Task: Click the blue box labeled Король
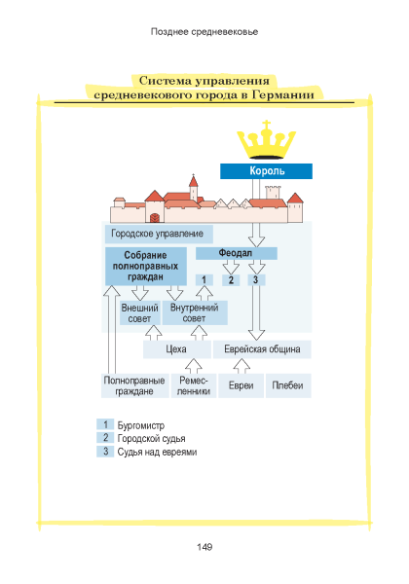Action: pyautogui.click(x=266, y=171)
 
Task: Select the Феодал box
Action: pyautogui.click(x=237, y=253)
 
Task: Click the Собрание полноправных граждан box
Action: pyautogui.click(x=146, y=266)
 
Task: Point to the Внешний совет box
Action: pyautogui.click(x=139, y=312)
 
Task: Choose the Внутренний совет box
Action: pyautogui.click(x=195, y=312)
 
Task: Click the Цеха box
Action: pyautogui.click(x=176, y=349)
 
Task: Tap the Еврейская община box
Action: pyautogui.click(x=262, y=349)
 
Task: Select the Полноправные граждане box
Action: pyautogui.click(x=134, y=385)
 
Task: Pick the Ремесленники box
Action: pyautogui.click(x=194, y=385)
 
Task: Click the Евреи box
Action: pyautogui.click(x=241, y=385)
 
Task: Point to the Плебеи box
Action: pyautogui.click(x=288, y=385)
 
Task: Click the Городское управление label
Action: pyautogui.click(x=157, y=234)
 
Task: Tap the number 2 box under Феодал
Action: pyautogui.click(x=231, y=279)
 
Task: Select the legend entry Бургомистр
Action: pyautogui.click(x=141, y=425)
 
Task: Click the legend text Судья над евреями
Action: pyautogui.click(x=157, y=452)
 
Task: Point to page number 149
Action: pyautogui.click(x=204, y=547)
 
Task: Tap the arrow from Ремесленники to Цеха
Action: pyautogui.click(x=194, y=366)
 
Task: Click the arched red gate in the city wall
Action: pyautogui.click(x=154, y=217)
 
